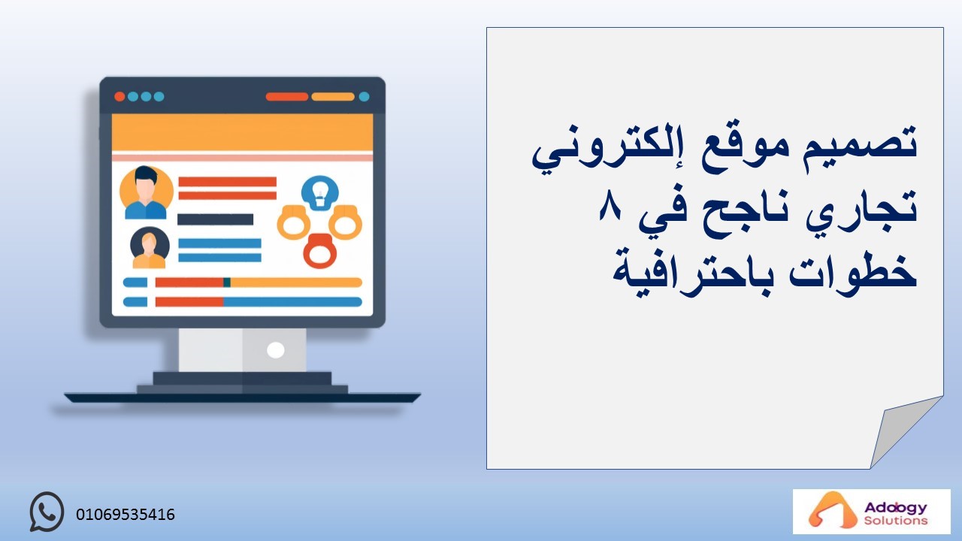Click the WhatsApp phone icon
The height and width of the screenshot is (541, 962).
pyautogui.click(x=47, y=512)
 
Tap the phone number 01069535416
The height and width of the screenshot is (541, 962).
pyautogui.click(x=126, y=515)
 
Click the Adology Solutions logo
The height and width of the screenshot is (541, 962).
pyautogui.click(x=871, y=511)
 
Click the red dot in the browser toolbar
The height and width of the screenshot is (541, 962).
pyautogui.click(x=119, y=97)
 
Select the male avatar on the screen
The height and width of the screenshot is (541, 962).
pyautogui.click(x=146, y=192)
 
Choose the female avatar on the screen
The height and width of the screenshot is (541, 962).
pyautogui.click(x=150, y=247)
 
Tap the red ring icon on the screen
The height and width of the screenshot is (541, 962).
pyautogui.click(x=320, y=251)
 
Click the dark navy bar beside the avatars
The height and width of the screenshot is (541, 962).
pyautogui.click(x=215, y=219)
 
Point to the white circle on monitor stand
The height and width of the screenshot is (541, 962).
pyautogui.click(x=275, y=350)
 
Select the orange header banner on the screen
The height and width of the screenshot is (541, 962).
pyautogui.click(x=242, y=132)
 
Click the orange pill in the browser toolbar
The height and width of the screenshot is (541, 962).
pyautogui.click(x=333, y=97)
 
